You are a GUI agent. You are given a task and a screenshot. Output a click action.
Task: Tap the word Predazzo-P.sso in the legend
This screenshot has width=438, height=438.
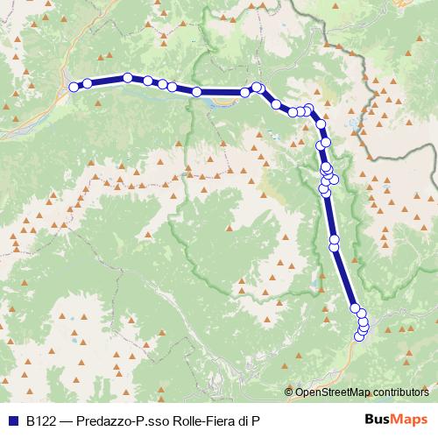(117, 420)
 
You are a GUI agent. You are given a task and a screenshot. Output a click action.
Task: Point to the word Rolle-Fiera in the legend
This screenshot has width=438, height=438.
(199, 420)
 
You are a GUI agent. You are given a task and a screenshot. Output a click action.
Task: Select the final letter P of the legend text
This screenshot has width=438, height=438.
(256, 420)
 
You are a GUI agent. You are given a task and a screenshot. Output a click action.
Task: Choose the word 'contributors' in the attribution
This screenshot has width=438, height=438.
(404, 392)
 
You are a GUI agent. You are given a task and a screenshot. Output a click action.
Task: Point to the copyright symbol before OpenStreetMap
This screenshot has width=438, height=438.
(289, 392)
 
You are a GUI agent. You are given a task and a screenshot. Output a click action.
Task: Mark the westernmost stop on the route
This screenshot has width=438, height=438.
(74, 87)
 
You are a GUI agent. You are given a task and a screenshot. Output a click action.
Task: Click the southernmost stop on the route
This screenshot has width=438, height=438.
(358, 336)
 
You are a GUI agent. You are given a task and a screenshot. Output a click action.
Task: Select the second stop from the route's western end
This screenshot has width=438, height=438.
(88, 83)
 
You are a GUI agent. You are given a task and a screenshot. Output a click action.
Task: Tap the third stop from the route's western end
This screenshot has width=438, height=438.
(128, 78)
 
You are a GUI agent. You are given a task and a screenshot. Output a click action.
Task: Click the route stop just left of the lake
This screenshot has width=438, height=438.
(197, 91)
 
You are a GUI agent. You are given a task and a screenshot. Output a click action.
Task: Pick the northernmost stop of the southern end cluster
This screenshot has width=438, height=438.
(355, 308)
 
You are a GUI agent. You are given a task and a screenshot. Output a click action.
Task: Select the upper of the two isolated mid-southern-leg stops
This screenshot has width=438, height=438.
(334, 238)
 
